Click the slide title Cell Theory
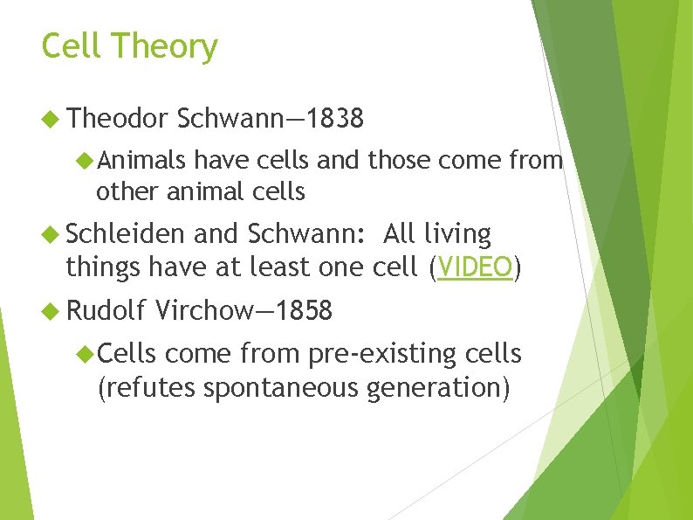coord(129,46)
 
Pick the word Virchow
coord(202,310)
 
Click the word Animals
coord(141,159)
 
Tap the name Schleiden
coord(125,234)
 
